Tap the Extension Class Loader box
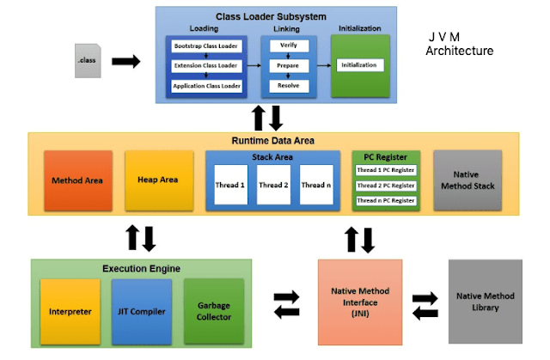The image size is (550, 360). tap(206, 65)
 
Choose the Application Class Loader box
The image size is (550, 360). tap(206, 86)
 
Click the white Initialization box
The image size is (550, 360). tap(360, 65)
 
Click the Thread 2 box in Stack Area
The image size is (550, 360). tap(275, 185)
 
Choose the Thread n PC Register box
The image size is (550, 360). tap(386, 200)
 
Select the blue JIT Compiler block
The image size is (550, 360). tap(142, 312)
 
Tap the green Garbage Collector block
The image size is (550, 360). tap(214, 312)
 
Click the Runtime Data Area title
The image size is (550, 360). tap(273, 139)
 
